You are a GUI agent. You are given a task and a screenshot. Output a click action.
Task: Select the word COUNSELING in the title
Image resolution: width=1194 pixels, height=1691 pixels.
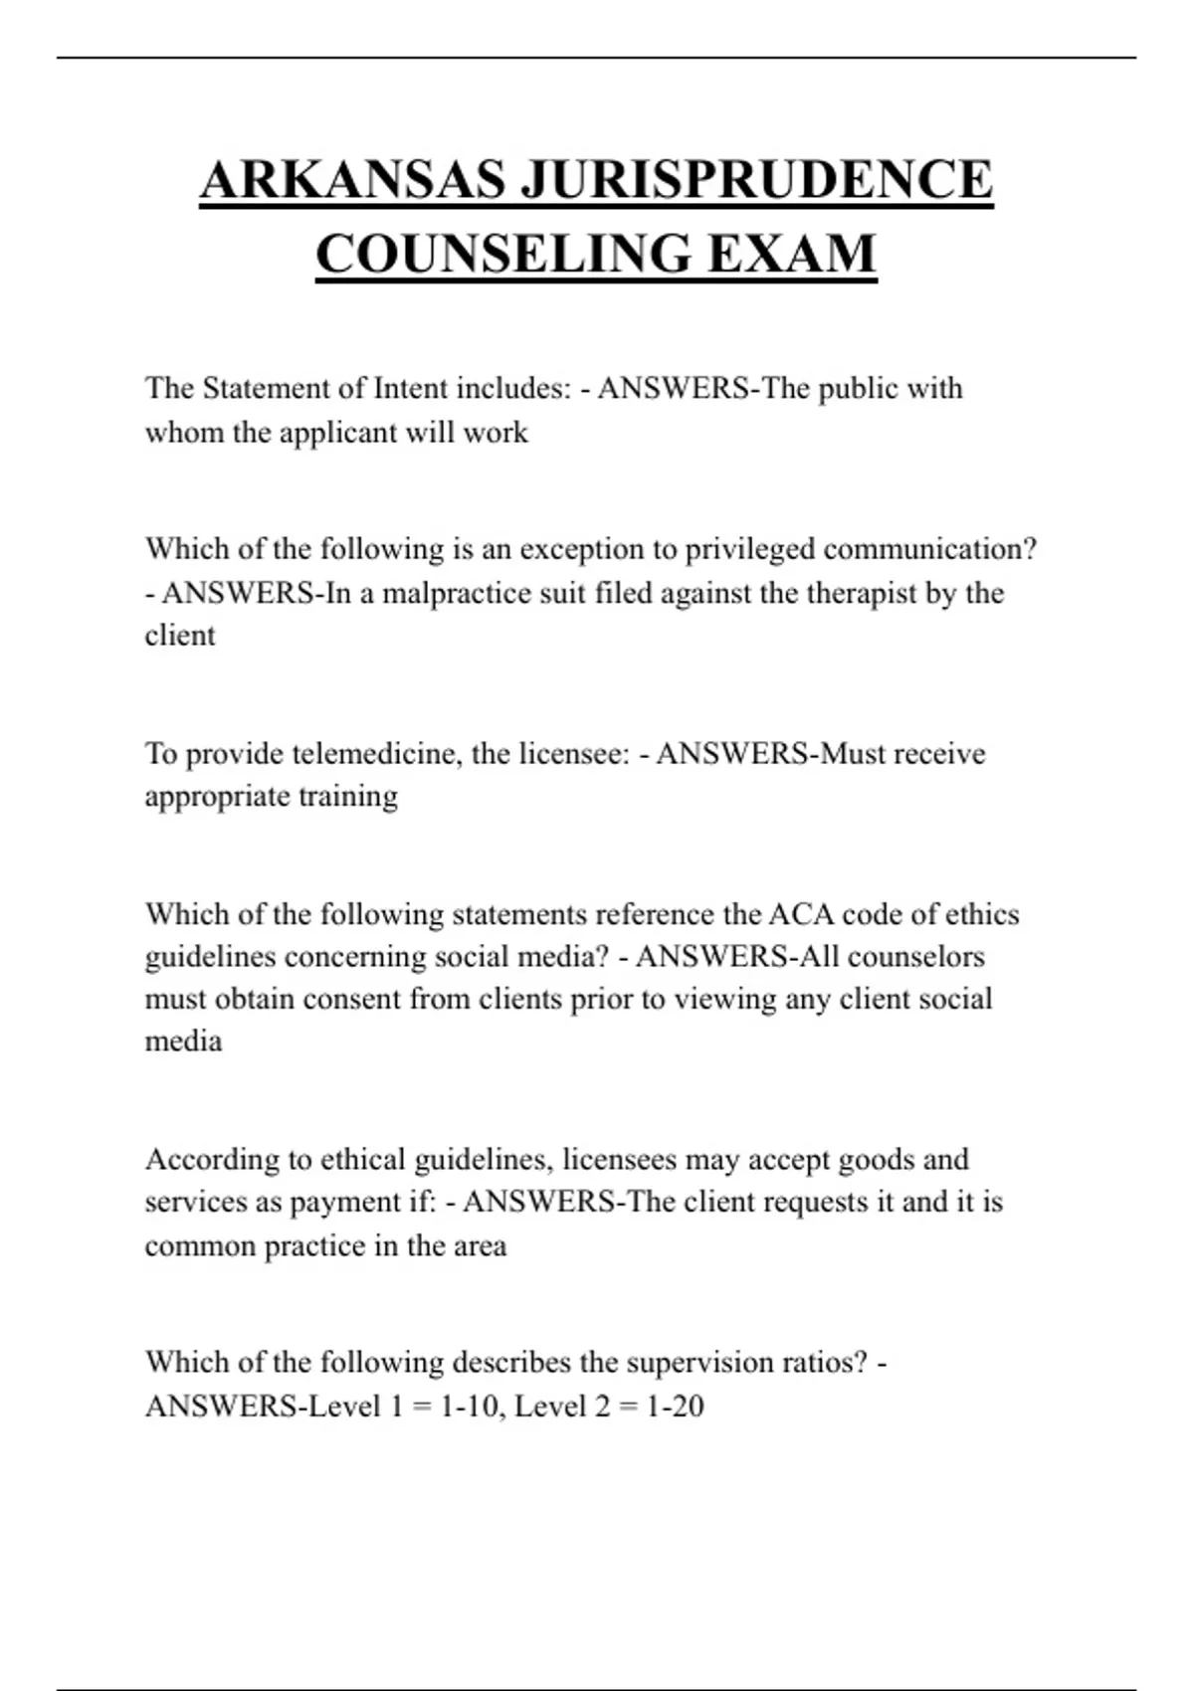point(503,254)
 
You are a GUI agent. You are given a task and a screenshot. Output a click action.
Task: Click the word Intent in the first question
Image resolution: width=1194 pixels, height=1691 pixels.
point(410,388)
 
